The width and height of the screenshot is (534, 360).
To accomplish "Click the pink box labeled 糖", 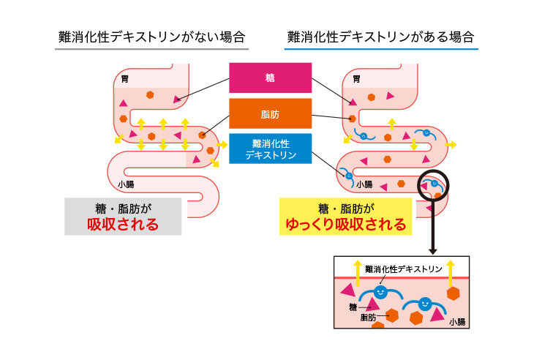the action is pos(270,78).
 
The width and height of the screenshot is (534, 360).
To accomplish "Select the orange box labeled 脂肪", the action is pos(270,113).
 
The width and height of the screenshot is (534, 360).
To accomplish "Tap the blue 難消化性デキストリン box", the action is pos(270,149).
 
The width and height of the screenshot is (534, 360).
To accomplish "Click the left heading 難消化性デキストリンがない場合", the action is pos(151,37).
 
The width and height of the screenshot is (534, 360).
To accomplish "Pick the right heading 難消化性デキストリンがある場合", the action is pos(380,37).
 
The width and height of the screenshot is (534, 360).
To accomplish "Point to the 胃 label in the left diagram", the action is pos(125,79).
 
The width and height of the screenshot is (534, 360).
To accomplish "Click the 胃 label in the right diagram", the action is pos(356,79).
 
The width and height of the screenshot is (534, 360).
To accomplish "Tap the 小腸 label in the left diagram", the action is pos(126,184).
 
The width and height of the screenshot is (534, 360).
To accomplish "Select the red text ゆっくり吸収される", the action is pos(346,224).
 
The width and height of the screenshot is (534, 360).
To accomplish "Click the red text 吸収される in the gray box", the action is pos(123,224).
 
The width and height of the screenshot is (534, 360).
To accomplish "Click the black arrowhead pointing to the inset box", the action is pos(433,252).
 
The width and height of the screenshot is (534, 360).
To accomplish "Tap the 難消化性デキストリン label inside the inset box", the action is pos(404,269).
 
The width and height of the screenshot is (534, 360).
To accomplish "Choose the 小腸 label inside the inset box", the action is pos(457,322).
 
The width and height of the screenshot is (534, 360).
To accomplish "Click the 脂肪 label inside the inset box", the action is pos(368,318).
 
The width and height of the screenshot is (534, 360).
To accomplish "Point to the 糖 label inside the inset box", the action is pos(353,307).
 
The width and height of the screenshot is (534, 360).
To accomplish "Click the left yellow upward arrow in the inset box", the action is pos(358,274).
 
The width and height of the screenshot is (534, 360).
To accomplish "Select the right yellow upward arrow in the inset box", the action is pos(451,274).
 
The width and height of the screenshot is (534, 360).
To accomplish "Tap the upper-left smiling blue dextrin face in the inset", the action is pos(380,292).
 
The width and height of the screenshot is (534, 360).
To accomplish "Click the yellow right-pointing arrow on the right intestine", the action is pos(451,145).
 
